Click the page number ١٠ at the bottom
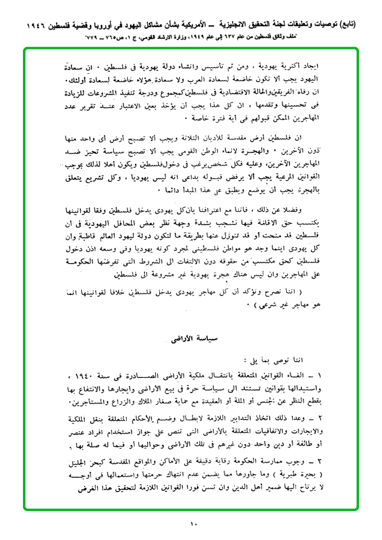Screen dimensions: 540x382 click(193, 524)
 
